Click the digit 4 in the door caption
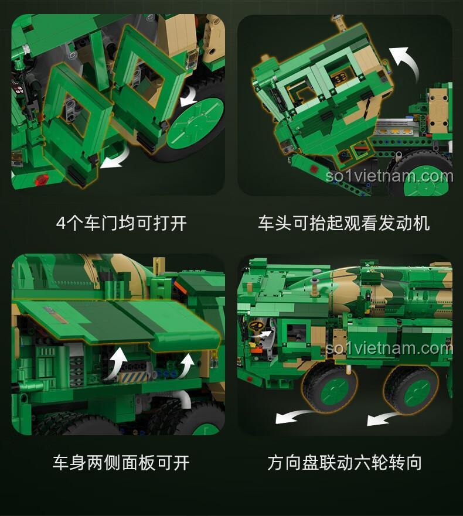pos(60,223)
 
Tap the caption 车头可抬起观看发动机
pos(343,223)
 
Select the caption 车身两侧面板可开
pos(121,463)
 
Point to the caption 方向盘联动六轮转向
pos(345,463)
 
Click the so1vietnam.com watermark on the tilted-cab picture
pos(389,176)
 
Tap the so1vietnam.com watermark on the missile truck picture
pos(389,348)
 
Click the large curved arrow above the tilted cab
pos(407,63)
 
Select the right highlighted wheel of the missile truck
pos(411,389)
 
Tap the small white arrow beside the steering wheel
pos(267,335)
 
